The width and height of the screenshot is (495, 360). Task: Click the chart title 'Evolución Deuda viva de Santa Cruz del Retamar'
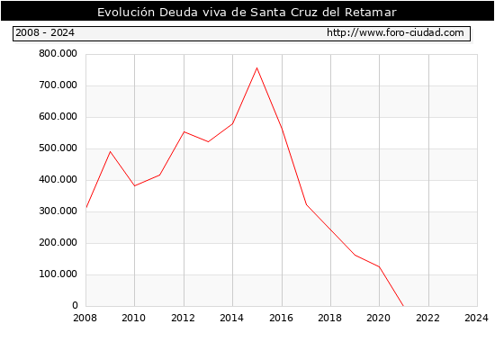[247, 13]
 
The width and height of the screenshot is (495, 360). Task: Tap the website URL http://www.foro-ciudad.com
[395, 32]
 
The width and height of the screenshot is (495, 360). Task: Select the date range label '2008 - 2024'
[45, 32]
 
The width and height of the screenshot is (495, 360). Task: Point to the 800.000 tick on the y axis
[58, 54]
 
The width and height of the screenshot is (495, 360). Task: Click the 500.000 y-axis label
[58, 148]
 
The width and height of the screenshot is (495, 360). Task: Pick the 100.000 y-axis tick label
[58, 274]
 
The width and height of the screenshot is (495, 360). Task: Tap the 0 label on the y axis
[75, 305]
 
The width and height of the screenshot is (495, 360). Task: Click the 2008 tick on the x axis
[85, 318]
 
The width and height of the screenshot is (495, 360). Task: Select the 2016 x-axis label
[281, 318]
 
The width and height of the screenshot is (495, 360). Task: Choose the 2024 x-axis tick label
[476, 318]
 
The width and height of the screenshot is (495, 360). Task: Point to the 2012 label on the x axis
[183, 318]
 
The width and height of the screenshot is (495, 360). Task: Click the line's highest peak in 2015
[257, 67]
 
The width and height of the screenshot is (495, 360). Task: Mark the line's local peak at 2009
[110, 151]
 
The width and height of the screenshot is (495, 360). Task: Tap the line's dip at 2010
[135, 185]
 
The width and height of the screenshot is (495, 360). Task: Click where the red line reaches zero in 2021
[403, 306]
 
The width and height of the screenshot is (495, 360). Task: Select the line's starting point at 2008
[86, 208]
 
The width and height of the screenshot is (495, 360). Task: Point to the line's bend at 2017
[306, 204]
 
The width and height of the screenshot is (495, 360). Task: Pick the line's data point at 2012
[184, 131]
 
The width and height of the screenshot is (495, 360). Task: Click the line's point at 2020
[379, 266]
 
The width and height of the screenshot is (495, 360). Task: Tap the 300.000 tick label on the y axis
[58, 211]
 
